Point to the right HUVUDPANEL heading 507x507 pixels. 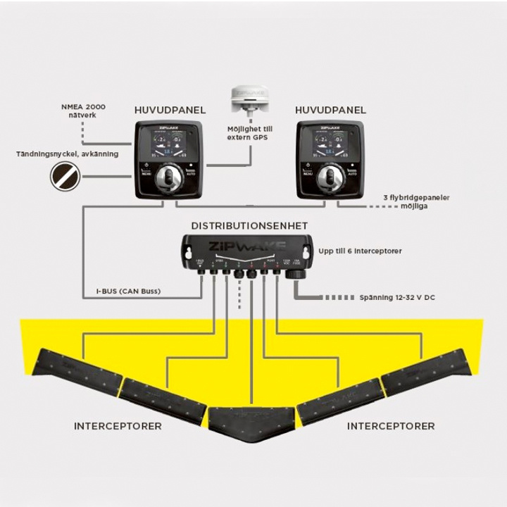[330, 110]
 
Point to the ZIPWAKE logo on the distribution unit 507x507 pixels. [246, 246]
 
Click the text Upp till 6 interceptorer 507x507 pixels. [360, 251]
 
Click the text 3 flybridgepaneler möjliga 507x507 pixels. [415, 202]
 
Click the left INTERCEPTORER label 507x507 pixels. [118, 426]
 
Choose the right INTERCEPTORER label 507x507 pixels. [391, 426]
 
